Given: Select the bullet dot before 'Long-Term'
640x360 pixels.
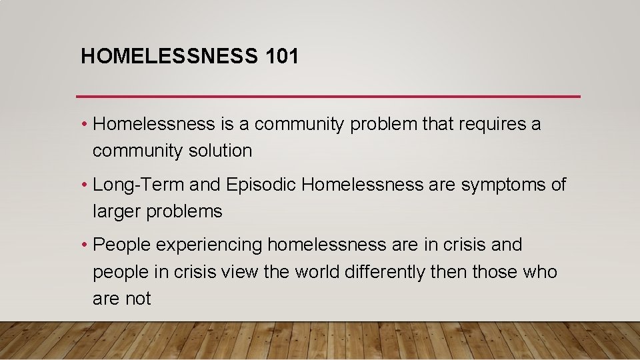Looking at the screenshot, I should [x=85, y=185].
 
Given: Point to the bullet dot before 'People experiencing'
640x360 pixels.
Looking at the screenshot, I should [x=85, y=245].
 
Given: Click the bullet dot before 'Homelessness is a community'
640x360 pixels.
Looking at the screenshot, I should [x=85, y=124].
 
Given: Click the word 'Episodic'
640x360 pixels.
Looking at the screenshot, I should [x=261, y=185].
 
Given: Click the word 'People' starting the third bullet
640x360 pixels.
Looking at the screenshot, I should [x=122, y=245].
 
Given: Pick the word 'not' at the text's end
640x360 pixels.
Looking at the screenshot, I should [x=139, y=299].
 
